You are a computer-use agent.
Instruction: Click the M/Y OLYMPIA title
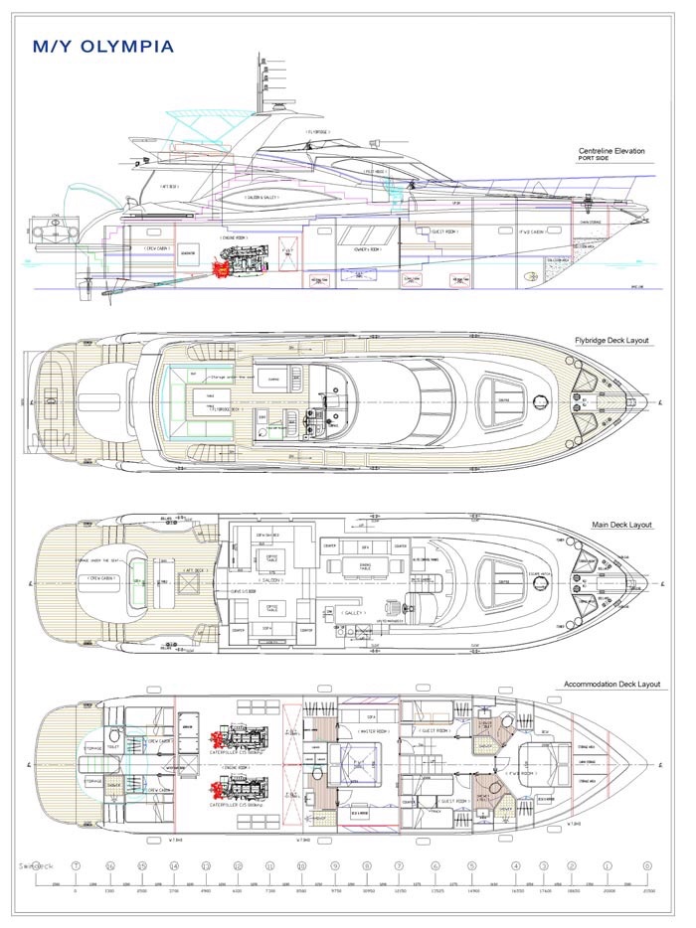103,47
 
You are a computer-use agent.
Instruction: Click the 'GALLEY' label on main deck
353,613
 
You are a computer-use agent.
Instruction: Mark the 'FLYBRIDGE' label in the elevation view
320,130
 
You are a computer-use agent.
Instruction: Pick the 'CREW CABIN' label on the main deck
103,577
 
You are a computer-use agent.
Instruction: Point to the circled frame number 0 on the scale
648,865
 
